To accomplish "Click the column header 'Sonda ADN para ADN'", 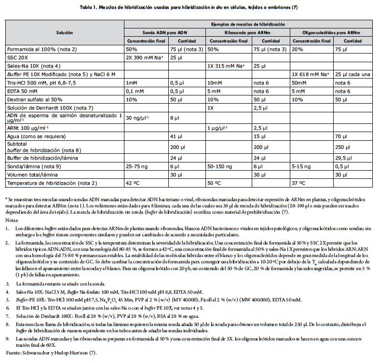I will (x=164, y=32).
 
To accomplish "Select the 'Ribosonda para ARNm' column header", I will (x=247, y=32).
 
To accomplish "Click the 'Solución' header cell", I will (x=64, y=32).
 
